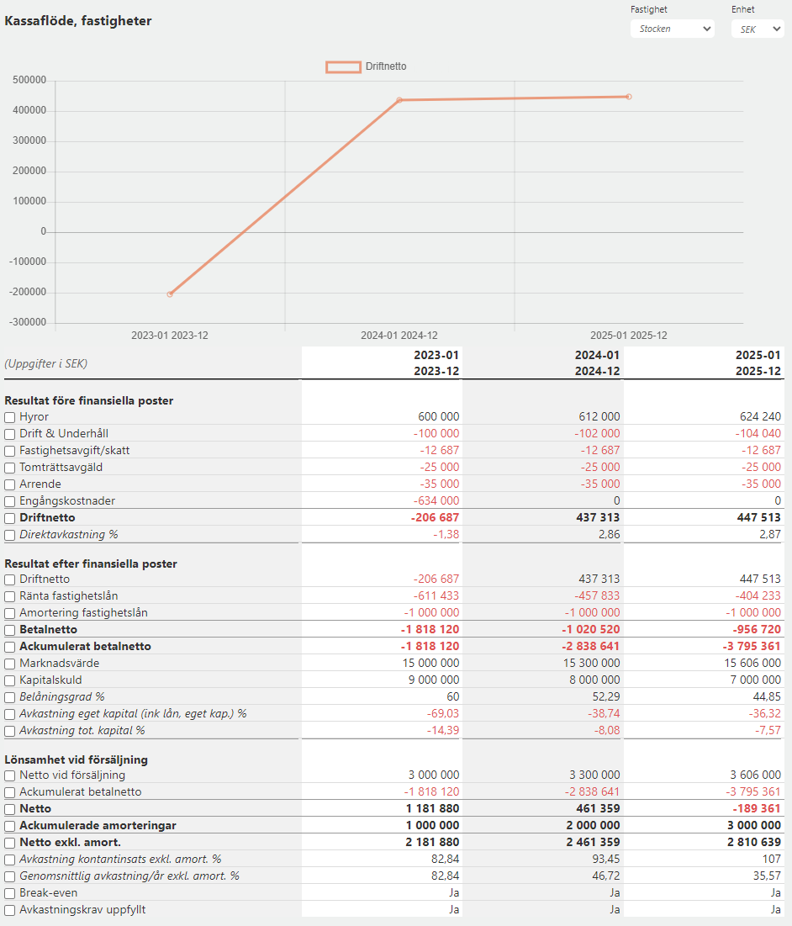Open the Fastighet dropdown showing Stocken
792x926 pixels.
(x=673, y=29)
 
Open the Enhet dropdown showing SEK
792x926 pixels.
(x=758, y=29)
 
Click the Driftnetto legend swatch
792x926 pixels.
(x=344, y=66)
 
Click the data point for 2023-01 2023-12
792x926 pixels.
(x=170, y=294)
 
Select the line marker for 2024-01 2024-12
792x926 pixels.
(x=399, y=100)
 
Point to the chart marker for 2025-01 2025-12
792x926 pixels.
(x=629, y=97)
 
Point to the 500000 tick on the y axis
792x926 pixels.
(x=29, y=80)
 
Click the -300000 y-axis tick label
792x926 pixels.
(x=28, y=322)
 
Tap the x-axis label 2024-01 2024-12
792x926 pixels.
(x=399, y=336)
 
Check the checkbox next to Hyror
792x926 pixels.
(x=10, y=417)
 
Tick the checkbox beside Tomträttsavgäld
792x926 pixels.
(x=10, y=468)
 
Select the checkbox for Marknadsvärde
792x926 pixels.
(x=10, y=664)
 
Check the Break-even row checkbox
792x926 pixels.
(x=10, y=893)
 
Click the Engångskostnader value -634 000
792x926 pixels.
(x=436, y=500)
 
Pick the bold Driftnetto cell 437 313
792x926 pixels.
(x=598, y=517)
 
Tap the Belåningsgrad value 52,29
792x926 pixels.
(x=606, y=697)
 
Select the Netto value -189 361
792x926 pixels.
(x=757, y=808)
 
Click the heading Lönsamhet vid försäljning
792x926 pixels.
(x=77, y=759)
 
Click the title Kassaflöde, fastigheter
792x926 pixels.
(x=78, y=21)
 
